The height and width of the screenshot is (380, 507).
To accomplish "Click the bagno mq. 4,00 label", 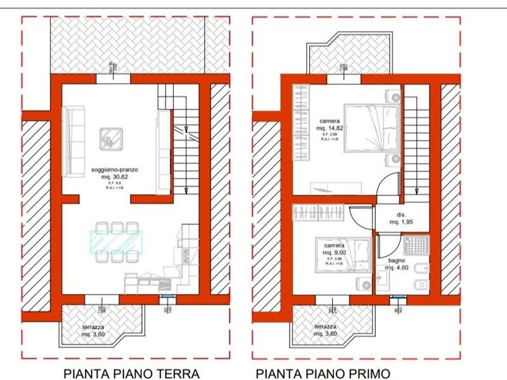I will [397, 263].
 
